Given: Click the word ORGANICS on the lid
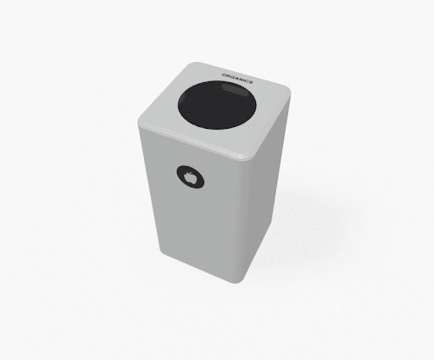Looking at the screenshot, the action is tap(237, 79).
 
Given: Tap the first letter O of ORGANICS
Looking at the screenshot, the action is tap(224, 75).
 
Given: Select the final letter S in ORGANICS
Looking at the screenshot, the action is tap(251, 82).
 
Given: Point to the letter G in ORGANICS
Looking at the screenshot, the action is tap(232, 77).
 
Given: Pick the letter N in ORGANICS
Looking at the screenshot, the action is tap(241, 80).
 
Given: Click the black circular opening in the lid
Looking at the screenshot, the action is tap(217, 105).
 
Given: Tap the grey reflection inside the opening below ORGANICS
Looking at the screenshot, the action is tap(233, 88).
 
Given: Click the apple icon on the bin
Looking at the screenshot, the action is tap(190, 177).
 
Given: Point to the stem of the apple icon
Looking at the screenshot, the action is tap(191, 173).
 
